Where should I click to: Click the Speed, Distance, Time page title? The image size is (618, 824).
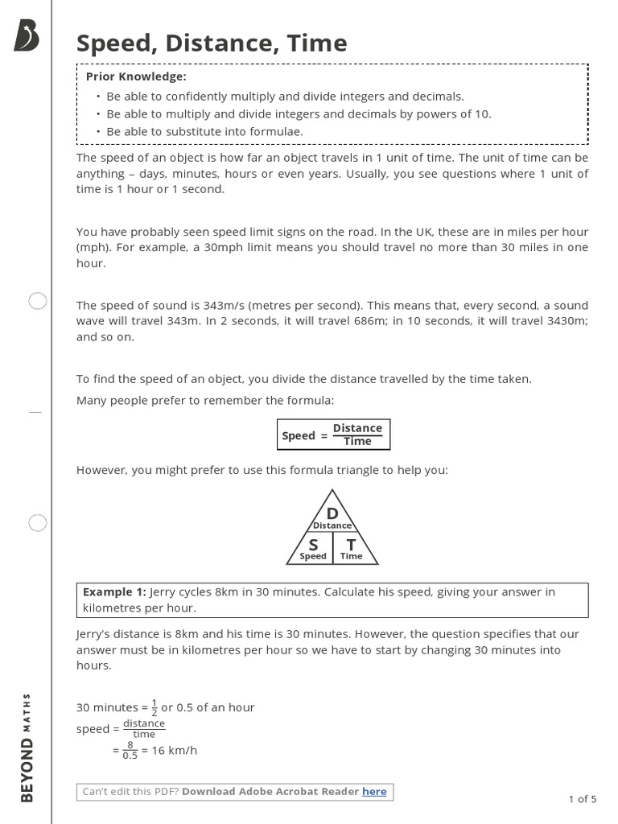[x=212, y=43]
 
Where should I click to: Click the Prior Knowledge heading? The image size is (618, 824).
[x=136, y=76]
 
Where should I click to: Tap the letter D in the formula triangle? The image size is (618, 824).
[x=332, y=514]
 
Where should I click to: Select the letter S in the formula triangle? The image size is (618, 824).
[x=313, y=545]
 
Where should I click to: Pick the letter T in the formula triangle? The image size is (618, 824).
[x=351, y=545]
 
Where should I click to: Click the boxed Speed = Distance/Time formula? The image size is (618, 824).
[x=333, y=435]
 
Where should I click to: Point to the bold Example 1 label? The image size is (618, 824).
[x=114, y=591]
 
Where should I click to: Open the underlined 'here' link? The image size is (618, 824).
[x=374, y=791]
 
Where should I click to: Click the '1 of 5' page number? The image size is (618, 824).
[x=583, y=799]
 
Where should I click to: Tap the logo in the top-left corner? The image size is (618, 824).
[x=27, y=36]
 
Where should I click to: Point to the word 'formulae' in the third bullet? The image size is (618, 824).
[x=275, y=131]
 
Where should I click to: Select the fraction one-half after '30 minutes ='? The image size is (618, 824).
[x=154, y=707]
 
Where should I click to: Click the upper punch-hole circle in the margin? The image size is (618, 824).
[x=38, y=302]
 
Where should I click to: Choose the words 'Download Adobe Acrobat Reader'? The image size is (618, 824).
[x=270, y=791]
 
